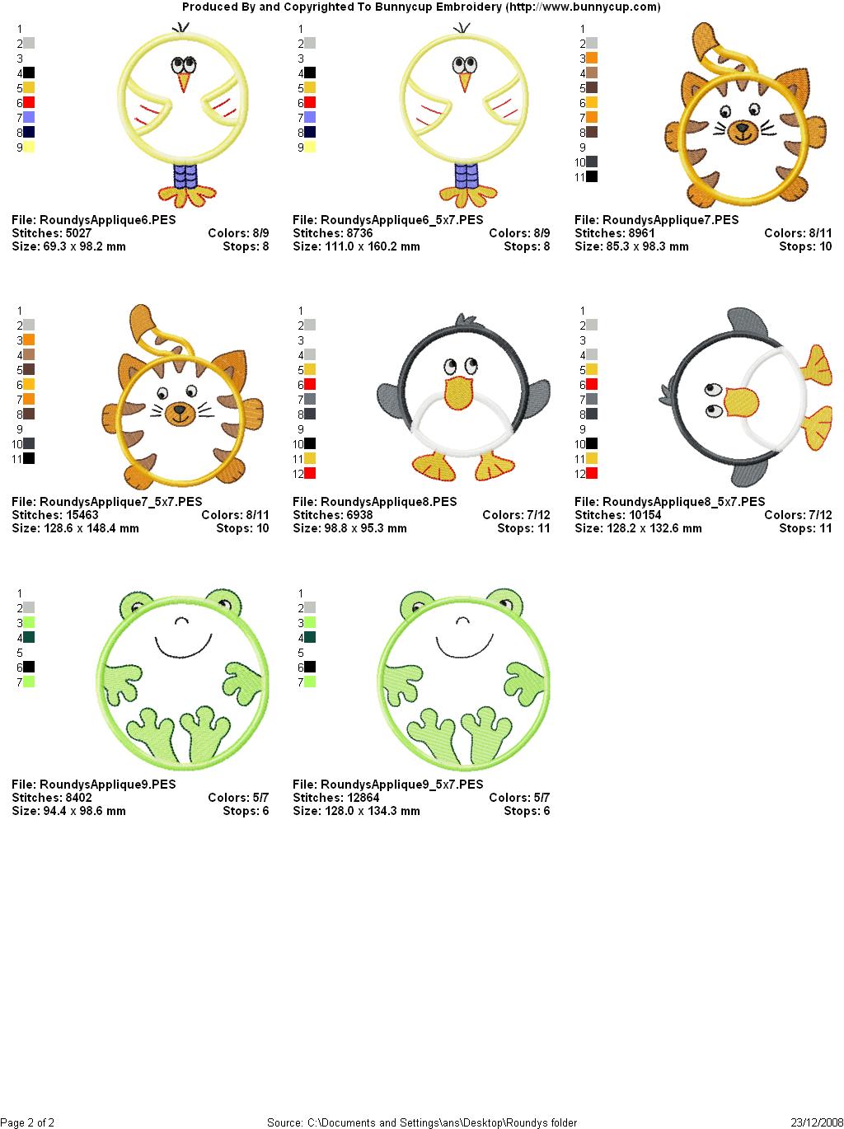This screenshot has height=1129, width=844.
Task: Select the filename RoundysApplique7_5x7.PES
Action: [x=121, y=502]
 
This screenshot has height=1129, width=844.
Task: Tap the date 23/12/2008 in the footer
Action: [x=817, y=1122]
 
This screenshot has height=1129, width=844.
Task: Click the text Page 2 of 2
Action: [x=27, y=1122]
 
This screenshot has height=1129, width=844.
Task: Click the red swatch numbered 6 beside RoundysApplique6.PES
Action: [x=29, y=102]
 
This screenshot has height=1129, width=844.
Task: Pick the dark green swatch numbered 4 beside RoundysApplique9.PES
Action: [x=29, y=638]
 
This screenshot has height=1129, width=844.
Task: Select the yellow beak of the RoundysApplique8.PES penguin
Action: [x=458, y=393]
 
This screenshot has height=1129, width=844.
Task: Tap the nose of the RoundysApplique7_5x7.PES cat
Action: [x=180, y=410]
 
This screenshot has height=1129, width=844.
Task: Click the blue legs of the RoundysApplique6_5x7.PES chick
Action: [x=467, y=176]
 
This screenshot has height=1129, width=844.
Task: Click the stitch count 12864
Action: [x=363, y=798]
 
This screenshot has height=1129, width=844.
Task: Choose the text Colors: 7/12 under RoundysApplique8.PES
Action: [x=516, y=515]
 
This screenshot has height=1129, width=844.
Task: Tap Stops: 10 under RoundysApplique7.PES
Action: [x=805, y=246]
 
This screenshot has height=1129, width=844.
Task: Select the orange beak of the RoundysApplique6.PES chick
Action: [x=184, y=82]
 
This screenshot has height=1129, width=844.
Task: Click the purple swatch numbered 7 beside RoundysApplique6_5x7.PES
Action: [x=310, y=117]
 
